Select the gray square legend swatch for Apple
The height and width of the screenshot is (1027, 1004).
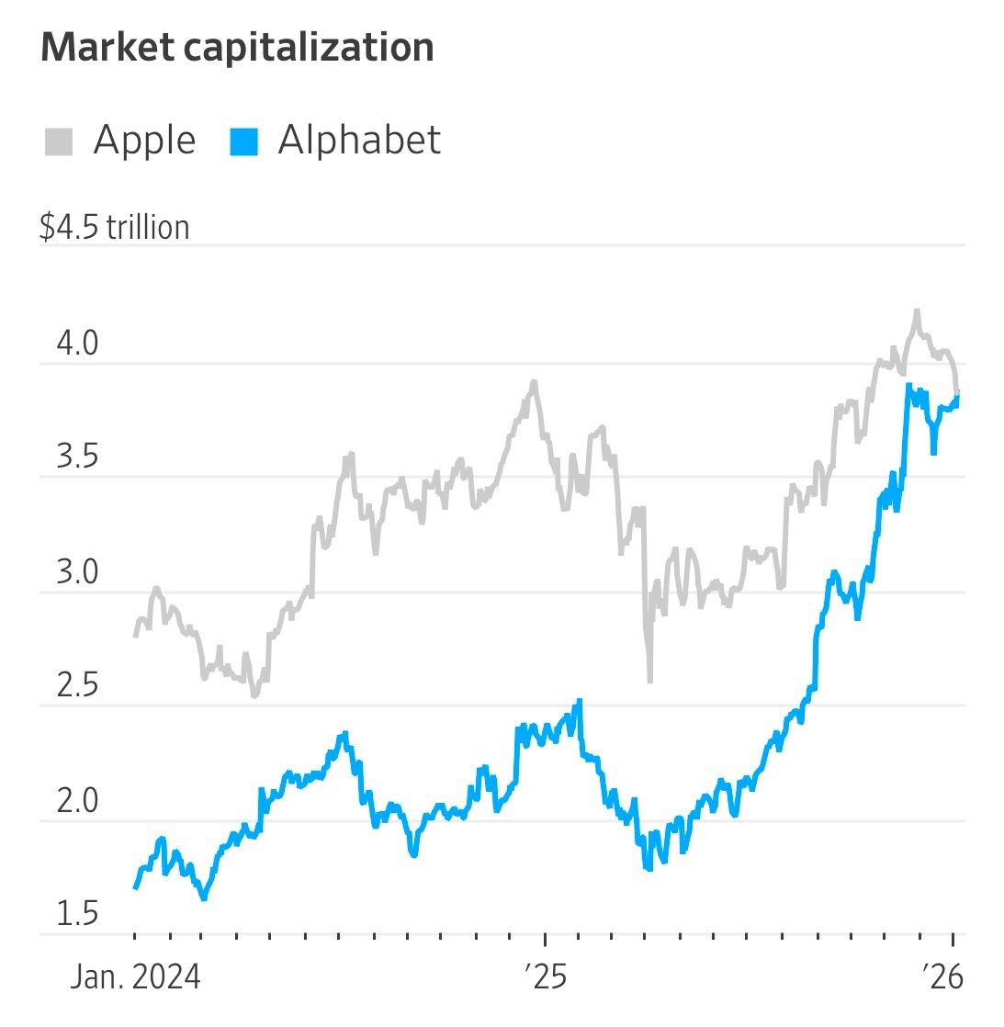tap(59, 142)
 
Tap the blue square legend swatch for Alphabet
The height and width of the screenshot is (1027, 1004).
tap(243, 142)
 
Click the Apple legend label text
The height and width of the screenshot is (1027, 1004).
tap(144, 141)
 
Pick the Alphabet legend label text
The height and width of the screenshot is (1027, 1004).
tap(359, 141)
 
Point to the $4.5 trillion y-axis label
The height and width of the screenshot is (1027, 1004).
tap(114, 227)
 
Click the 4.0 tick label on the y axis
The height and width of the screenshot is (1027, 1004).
tap(77, 344)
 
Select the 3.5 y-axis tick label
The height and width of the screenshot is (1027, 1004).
tap(77, 457)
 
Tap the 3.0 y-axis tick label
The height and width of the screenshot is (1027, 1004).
tap(77, 572)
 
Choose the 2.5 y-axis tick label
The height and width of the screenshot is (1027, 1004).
tap(77, 686)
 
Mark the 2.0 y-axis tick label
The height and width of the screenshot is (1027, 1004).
tap(77, 801)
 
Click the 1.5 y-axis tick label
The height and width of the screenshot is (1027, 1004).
tap(77, 914)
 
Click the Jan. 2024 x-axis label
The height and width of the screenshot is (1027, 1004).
tap(135, 976)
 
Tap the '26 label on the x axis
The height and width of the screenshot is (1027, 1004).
tap(943, 976)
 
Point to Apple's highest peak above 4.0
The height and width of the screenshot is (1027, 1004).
tap(916, 312)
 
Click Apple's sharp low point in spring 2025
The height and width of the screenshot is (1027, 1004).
tap(649, 680)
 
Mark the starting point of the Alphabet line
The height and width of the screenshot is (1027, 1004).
tap(136, 887)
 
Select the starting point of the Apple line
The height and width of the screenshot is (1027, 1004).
tap(136, 635)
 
